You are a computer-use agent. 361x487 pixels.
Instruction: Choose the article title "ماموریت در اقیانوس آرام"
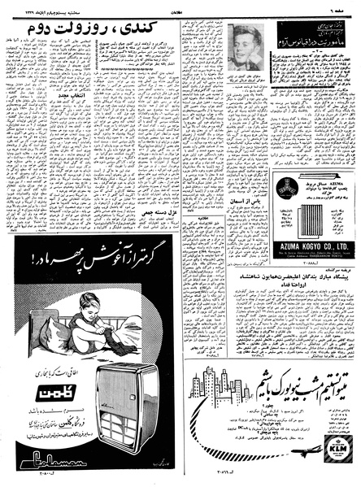tap(314, 42)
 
